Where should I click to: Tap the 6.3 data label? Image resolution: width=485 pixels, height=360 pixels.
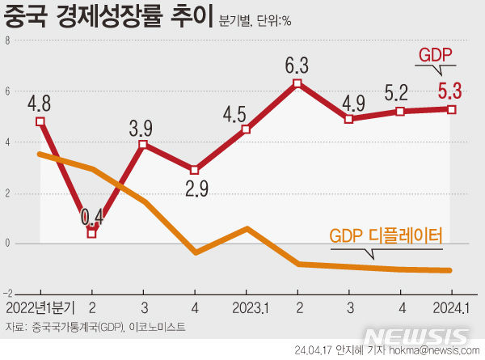click(x=298, y=62)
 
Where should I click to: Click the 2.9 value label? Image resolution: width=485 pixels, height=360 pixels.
click(x=194, y=191)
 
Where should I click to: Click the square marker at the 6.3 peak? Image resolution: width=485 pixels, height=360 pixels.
click(x=298, y=83)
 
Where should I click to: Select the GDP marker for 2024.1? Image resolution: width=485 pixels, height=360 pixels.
click(x=452, y=109)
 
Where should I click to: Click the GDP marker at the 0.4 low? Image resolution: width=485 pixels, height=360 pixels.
click(x=91, y=233)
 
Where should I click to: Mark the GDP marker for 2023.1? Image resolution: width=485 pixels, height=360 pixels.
click(x=246, y=129)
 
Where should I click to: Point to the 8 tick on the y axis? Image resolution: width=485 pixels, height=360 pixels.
click(x=6, y=40)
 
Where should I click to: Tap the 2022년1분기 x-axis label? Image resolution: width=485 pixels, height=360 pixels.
click(x=40, y=308)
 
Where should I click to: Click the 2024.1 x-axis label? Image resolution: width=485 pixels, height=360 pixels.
click(x=451, y=308)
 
